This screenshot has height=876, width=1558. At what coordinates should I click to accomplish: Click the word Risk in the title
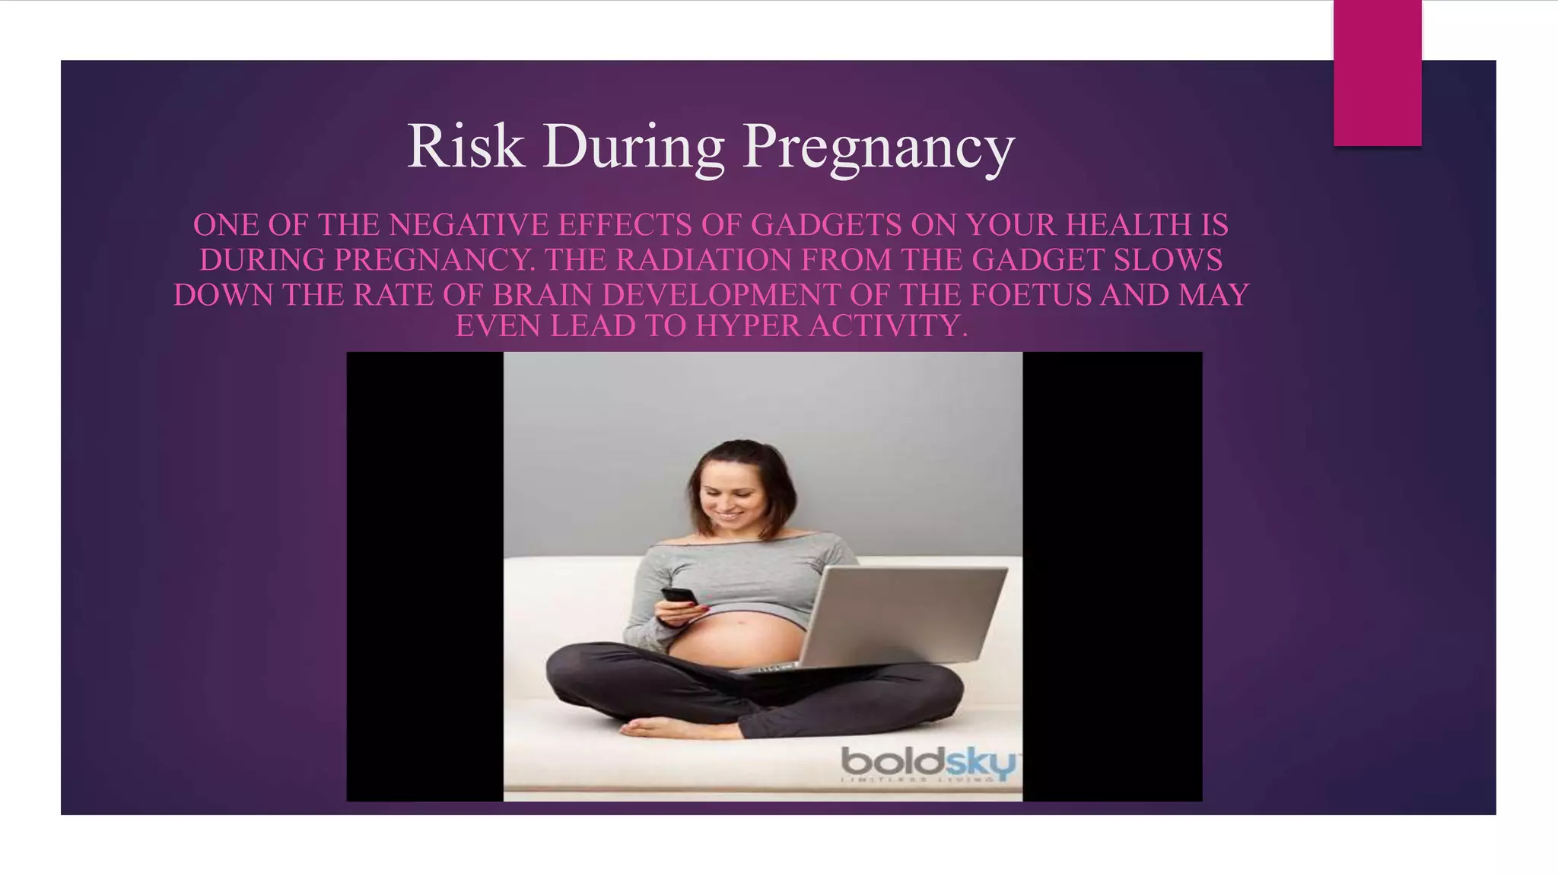(466, 146)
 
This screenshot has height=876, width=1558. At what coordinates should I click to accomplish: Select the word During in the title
(633, 148)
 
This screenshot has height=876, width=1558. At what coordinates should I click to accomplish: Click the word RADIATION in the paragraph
(704, 260)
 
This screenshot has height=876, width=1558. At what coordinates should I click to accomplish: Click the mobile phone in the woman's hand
(679, 596)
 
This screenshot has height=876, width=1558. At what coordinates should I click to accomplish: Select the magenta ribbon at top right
(1377, 73)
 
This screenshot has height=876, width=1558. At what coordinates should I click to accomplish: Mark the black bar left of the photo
(424, 576)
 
